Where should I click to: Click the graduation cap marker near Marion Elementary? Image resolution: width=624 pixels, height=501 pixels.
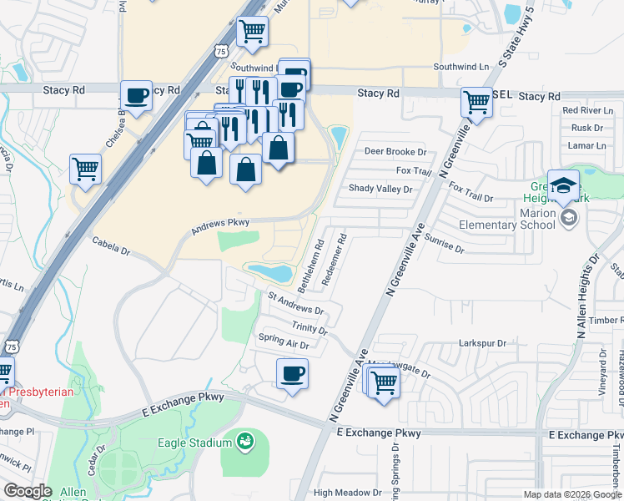[563, 185]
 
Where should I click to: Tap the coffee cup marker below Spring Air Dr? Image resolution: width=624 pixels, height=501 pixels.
[292, 373]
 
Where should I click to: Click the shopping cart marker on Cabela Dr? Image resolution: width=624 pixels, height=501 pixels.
[86, 169]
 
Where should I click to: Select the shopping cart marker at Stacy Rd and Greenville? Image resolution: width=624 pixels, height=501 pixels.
[476, 103]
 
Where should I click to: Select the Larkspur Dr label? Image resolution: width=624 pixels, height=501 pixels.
[483, 343]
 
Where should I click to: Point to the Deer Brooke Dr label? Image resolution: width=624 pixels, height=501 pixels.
[395, 152]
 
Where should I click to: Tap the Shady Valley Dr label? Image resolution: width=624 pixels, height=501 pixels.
[380, 190]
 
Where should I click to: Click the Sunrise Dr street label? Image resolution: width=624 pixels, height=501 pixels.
[444, 243]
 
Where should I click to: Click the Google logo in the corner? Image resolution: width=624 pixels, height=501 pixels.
[28, 491]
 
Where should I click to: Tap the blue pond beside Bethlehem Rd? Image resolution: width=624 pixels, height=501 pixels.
[269, 272]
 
